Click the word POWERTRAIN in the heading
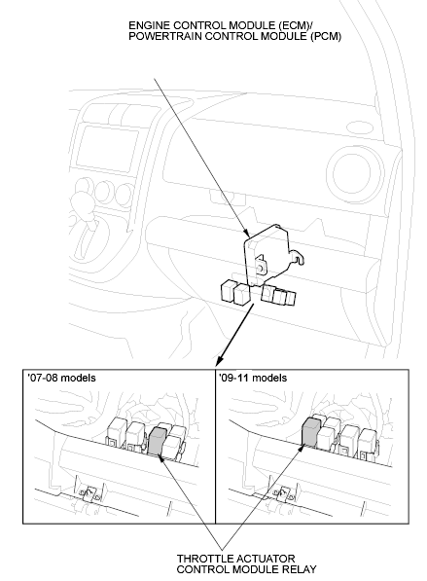[165, 36]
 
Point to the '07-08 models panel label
[61, 378]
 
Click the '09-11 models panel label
[253, 378]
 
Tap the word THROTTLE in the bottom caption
[203, 559]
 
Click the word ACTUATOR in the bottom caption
[264, 559]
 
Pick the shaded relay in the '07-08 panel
[157, 441]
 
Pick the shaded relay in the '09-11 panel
[310, 431]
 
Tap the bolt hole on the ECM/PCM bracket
[261, 267]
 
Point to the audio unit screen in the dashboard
[107, 148]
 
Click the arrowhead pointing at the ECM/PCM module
[247, 233]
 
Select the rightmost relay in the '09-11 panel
[368, 443]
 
